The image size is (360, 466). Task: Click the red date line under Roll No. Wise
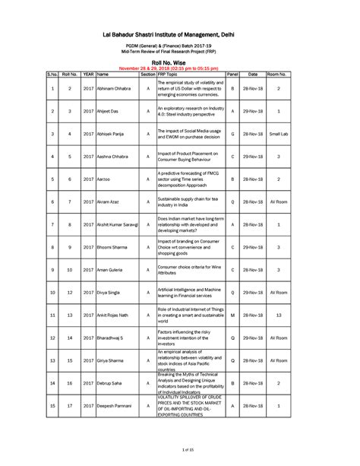pos(179,68)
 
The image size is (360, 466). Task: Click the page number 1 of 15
pos(180,453)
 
